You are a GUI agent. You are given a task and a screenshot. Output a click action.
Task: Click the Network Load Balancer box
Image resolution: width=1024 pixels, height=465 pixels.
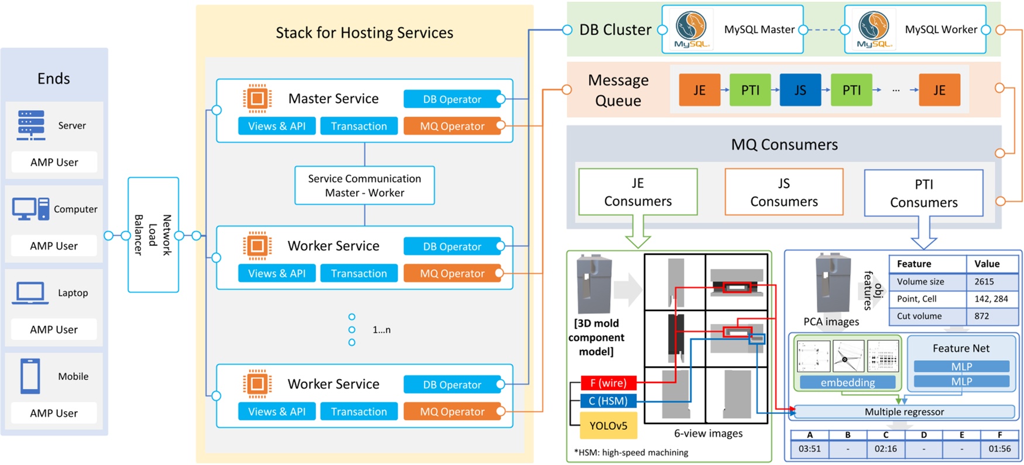(153, 234)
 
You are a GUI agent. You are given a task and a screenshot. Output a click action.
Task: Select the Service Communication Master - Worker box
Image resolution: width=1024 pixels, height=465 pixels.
(364, 186)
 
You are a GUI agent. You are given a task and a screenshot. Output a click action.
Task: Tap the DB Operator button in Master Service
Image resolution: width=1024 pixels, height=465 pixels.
(452, 99)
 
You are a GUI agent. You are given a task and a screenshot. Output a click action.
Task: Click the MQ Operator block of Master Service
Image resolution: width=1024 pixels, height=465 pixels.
(452, 126)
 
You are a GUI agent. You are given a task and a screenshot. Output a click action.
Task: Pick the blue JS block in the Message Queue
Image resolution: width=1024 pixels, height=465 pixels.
(800, 90)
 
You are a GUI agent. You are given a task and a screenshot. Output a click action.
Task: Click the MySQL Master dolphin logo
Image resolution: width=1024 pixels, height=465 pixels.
(691, 29)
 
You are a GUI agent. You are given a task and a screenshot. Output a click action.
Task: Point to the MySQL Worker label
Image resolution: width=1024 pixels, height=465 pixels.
(940, 29)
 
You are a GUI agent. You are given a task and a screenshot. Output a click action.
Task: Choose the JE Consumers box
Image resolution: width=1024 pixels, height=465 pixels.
(638, 192)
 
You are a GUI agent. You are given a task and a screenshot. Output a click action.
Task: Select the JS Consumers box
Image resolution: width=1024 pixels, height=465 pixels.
(784, 192)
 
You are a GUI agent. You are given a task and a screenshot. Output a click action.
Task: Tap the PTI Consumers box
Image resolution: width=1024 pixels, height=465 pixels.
(923, 193)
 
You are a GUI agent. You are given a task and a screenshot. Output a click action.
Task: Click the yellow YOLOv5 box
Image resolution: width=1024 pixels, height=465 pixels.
(608, 426)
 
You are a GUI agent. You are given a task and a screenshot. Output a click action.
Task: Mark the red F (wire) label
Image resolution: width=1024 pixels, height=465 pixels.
(608, 383)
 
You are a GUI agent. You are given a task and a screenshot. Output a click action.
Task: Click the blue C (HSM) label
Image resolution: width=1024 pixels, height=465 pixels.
(608, 401)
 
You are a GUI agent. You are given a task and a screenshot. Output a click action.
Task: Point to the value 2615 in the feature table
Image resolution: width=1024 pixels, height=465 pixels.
(984, 282)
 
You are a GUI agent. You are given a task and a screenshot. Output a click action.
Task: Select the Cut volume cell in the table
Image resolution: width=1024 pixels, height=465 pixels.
(919, 316)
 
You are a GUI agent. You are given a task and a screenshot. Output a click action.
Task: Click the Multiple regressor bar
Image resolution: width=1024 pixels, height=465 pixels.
(904, 412)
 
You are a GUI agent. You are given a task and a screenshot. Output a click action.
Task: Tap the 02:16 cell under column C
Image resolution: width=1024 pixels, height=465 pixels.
(885, 449)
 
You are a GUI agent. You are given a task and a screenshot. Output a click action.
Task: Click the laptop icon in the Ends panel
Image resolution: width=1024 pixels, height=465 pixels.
(29, 293)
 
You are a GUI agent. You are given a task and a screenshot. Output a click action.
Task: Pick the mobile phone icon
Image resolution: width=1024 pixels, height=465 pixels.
(30, 376)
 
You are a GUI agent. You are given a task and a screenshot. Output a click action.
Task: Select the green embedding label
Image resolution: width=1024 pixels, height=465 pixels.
(847, 382)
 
